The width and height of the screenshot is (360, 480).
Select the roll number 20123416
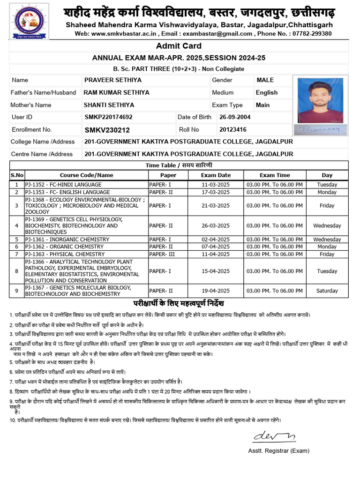[x=233, y=129]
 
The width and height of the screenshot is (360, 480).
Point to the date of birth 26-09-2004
[x=235, y=117]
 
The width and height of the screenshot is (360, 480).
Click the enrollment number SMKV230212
[x=107, y=130]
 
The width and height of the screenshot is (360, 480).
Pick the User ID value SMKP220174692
[x=108, y=117]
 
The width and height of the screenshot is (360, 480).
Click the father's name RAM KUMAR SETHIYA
[x=117, y=93]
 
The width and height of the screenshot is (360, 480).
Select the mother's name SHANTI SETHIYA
[x=109, y=105]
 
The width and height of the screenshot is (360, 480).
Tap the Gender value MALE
[x=265, y=80]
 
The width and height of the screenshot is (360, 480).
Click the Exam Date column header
[x=216, y=175]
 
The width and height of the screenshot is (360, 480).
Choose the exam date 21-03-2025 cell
[x=216, y=206]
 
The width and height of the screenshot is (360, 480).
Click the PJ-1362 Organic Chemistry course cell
[x=64, y=247]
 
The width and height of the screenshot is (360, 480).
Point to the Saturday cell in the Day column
[x=327, y=291]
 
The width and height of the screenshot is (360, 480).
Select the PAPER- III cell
[x=162, y=254]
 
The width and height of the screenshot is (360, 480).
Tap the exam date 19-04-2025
[x=216, y=291]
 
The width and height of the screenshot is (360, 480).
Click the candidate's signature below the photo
[x=321, y=129]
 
